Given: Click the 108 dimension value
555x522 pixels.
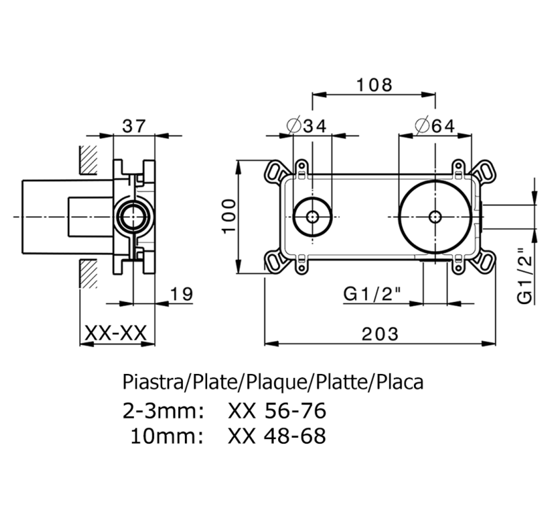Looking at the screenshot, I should [x=374, y=84].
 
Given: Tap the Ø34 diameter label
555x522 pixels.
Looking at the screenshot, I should [x=306, y=126].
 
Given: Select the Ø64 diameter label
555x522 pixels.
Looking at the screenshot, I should [x=436, y=126].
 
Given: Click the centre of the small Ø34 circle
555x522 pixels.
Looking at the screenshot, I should [x=313, y=216].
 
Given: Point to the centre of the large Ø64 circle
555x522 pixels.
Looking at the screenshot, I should [x=435, y=216].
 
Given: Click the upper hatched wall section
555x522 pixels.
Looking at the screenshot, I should [x=88, y=159].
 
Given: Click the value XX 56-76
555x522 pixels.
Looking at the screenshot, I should [x=277, y=411].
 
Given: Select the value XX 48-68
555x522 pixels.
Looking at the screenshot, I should [x=277, y=435].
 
